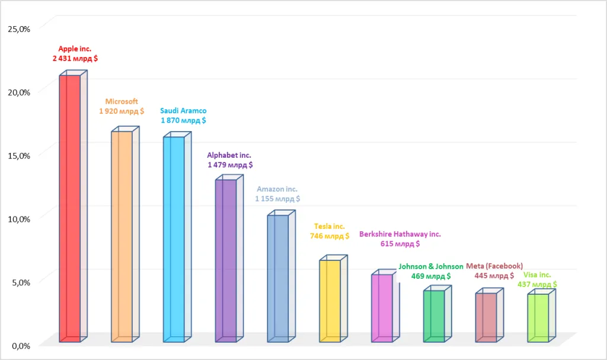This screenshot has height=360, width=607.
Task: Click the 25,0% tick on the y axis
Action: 19,29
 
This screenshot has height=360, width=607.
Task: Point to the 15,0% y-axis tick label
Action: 19,156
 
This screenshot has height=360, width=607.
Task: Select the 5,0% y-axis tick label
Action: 21,282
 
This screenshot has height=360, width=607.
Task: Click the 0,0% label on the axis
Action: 21,346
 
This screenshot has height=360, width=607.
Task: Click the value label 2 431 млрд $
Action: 75,59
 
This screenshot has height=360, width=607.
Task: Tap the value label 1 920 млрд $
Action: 122,111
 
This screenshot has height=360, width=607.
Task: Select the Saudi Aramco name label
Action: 184,111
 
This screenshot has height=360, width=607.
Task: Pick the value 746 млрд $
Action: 330,236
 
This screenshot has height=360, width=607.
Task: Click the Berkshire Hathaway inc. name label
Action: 400,234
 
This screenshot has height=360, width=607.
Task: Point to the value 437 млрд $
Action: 537,285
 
